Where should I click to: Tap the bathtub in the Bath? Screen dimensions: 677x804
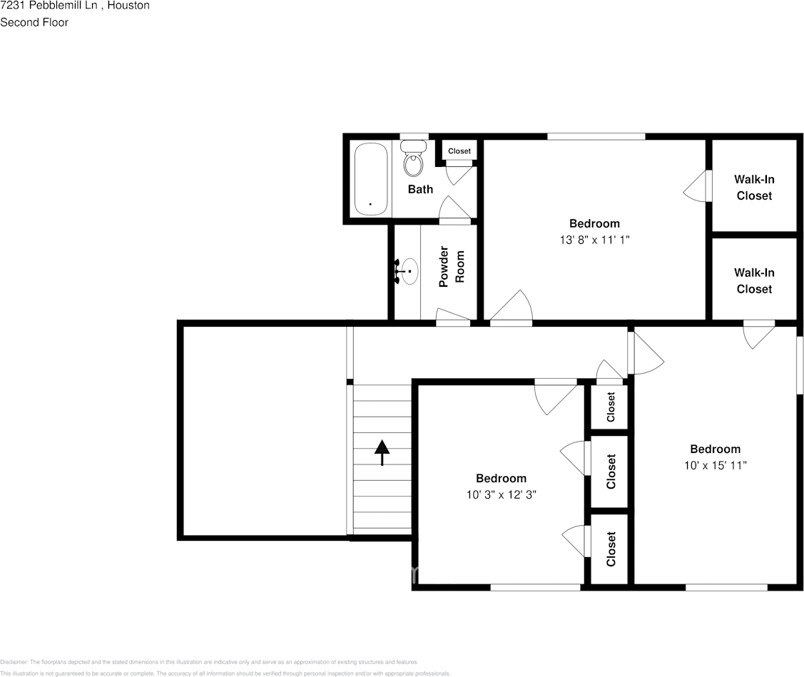click(x=371, y=178)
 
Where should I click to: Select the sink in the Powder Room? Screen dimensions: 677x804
click(x=409, y=271)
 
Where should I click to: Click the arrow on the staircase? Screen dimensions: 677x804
click(x=382, y=452)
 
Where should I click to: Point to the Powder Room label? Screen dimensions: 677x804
click(x=451, y=267)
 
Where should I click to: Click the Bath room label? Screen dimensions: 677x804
click(x=420, y=189)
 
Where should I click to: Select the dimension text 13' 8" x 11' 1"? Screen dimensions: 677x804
click(x=594, y=240)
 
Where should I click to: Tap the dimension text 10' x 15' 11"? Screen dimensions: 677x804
click(x=715, y=465)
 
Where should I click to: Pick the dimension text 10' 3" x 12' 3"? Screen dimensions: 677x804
click(x=501, y=494)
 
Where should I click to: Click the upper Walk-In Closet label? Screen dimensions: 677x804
click(x=754, y=187)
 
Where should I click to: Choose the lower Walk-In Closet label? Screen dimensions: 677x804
click(x=754, y=280)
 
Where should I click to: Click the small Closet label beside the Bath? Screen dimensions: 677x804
click(x=459, y=151)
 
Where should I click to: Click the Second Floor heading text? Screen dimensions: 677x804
click(x=34, y=22)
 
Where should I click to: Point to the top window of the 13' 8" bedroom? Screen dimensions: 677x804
click(x=596, y=136)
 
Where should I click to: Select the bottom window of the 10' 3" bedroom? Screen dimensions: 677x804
click(x=535, y=587)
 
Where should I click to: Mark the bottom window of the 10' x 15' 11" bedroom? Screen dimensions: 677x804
click(x=726, y=587)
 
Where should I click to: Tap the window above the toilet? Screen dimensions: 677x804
click(x=414, y=136)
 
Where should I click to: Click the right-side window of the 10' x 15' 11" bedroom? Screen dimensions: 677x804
click(x=800, y=364)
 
